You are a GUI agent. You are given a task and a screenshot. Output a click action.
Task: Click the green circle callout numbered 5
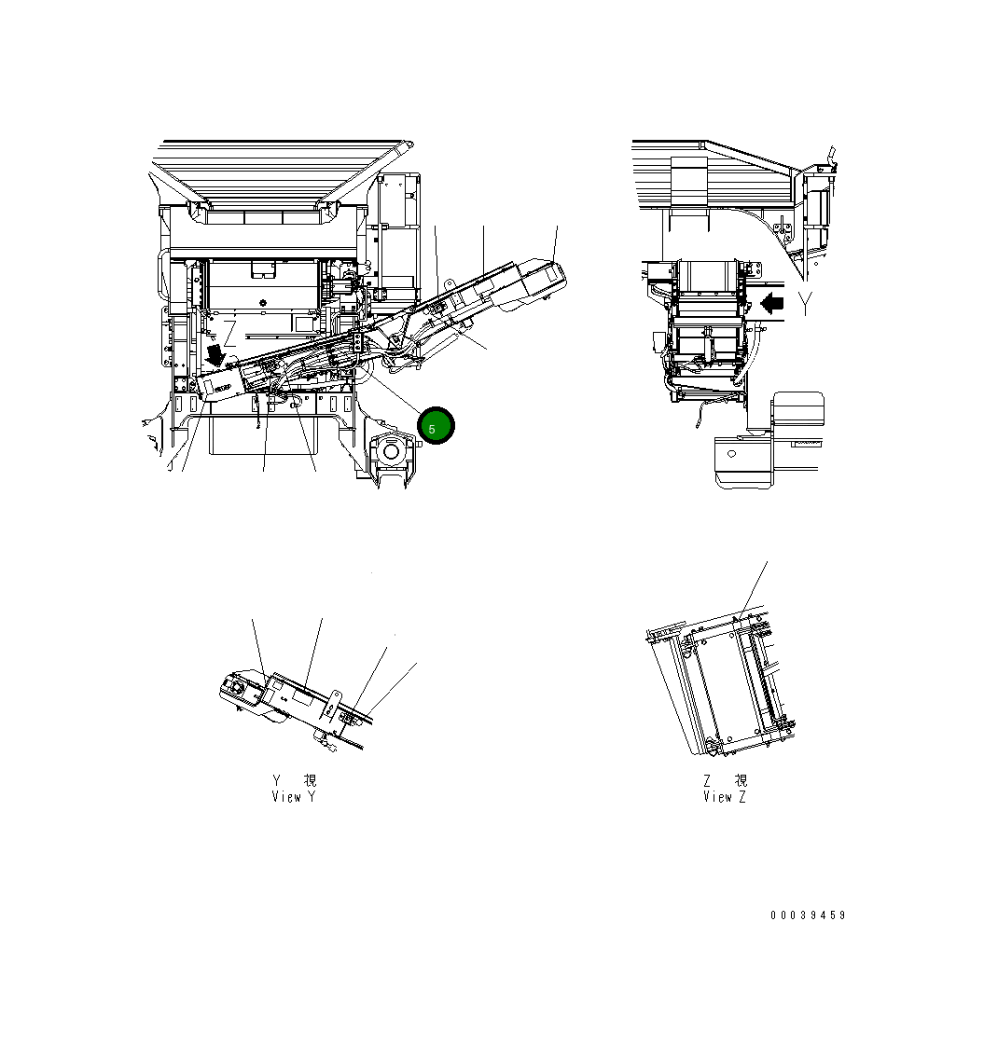[x=436, y=426]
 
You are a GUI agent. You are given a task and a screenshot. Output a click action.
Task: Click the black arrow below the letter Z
[x=216, y=355]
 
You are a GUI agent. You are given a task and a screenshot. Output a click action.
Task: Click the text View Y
[x=294, y=797]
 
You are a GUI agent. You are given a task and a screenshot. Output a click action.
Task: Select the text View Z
[x=725, y=797]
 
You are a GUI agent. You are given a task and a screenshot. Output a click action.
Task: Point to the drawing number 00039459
[x=808, y=915]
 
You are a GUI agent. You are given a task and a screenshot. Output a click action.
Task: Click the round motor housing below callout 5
[x=391, y=454]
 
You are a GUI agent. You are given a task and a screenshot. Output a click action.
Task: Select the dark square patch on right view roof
[x=690, y=181]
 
